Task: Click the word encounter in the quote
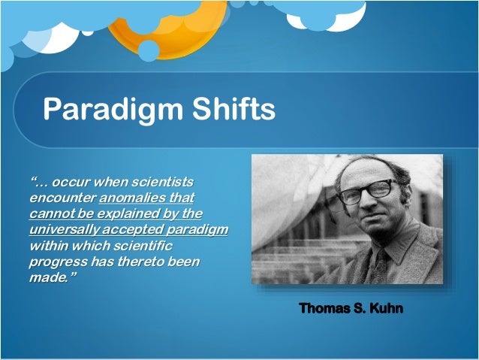point(62,198)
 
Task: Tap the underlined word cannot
point(51,214)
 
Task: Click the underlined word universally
point(66,230)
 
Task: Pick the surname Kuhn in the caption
point(387,309)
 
